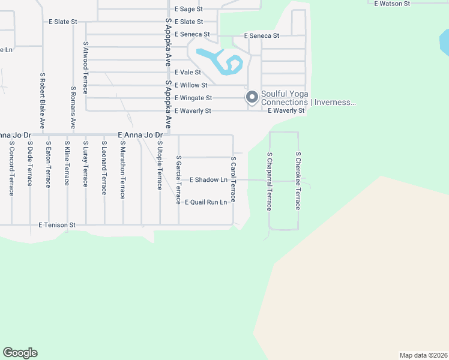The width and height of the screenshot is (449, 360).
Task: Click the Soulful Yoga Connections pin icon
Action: tap(252, 97)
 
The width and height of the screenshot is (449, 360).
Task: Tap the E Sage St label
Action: tap(188, 10)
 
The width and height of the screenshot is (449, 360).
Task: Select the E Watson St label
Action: tap(391, 4)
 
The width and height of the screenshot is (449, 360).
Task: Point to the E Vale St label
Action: tap(187, 72)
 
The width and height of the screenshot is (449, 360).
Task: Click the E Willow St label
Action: tap(191, 85)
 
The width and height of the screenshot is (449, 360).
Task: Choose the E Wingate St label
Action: tap(193, 98)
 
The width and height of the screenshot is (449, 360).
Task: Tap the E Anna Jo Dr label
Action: tap(140, 136)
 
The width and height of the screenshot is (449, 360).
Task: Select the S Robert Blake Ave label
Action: tap(42, 101)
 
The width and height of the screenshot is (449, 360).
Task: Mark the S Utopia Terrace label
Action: tap(160, 165)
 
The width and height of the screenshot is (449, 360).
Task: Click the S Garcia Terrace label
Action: tap(178, 180)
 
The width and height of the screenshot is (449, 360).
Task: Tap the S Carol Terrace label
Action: tap(234, 180)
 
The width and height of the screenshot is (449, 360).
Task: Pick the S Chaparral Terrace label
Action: tap(270, 181)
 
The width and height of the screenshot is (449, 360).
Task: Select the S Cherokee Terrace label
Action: tap(297, 181)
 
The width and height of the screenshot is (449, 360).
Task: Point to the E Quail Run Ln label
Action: tap(206, 202)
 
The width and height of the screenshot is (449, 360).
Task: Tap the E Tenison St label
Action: tap(57, 225)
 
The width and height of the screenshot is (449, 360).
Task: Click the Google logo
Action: tap(20, 353)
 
